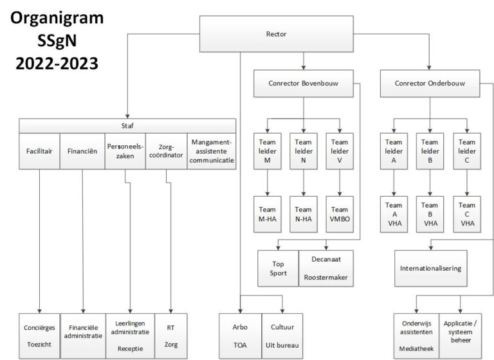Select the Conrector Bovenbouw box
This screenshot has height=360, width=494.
(x=304, y=84)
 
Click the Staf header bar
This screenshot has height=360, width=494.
(x=127, y=125)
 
